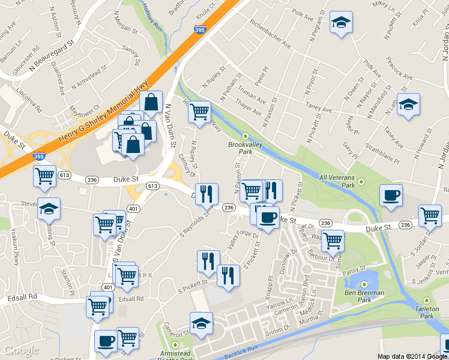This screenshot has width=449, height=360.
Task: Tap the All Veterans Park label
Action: pos(342,178)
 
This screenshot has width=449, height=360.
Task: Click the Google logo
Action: pos(21,350)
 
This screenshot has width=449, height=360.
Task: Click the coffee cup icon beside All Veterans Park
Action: pos(391,196)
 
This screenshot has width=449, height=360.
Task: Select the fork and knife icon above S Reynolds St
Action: pos(206,193)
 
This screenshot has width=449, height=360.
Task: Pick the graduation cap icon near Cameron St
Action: pos(201,323)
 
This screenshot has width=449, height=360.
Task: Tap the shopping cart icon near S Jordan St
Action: pos(430,215)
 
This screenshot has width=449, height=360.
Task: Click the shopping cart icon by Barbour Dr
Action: pos(333,240)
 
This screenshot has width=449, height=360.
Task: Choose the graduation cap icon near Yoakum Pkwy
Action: pos(49,209)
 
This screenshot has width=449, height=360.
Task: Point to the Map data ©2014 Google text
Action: pos(412,356)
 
